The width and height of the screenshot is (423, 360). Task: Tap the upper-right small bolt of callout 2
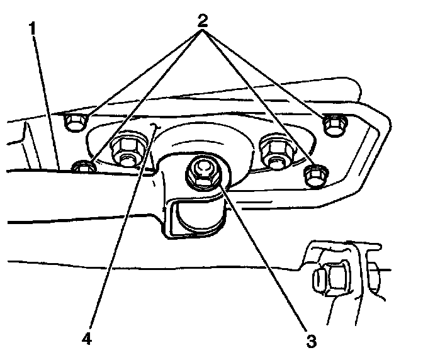(332, 124)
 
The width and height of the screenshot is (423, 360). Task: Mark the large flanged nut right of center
(275, 152)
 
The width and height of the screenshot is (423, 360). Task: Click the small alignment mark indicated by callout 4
(155, 128)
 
